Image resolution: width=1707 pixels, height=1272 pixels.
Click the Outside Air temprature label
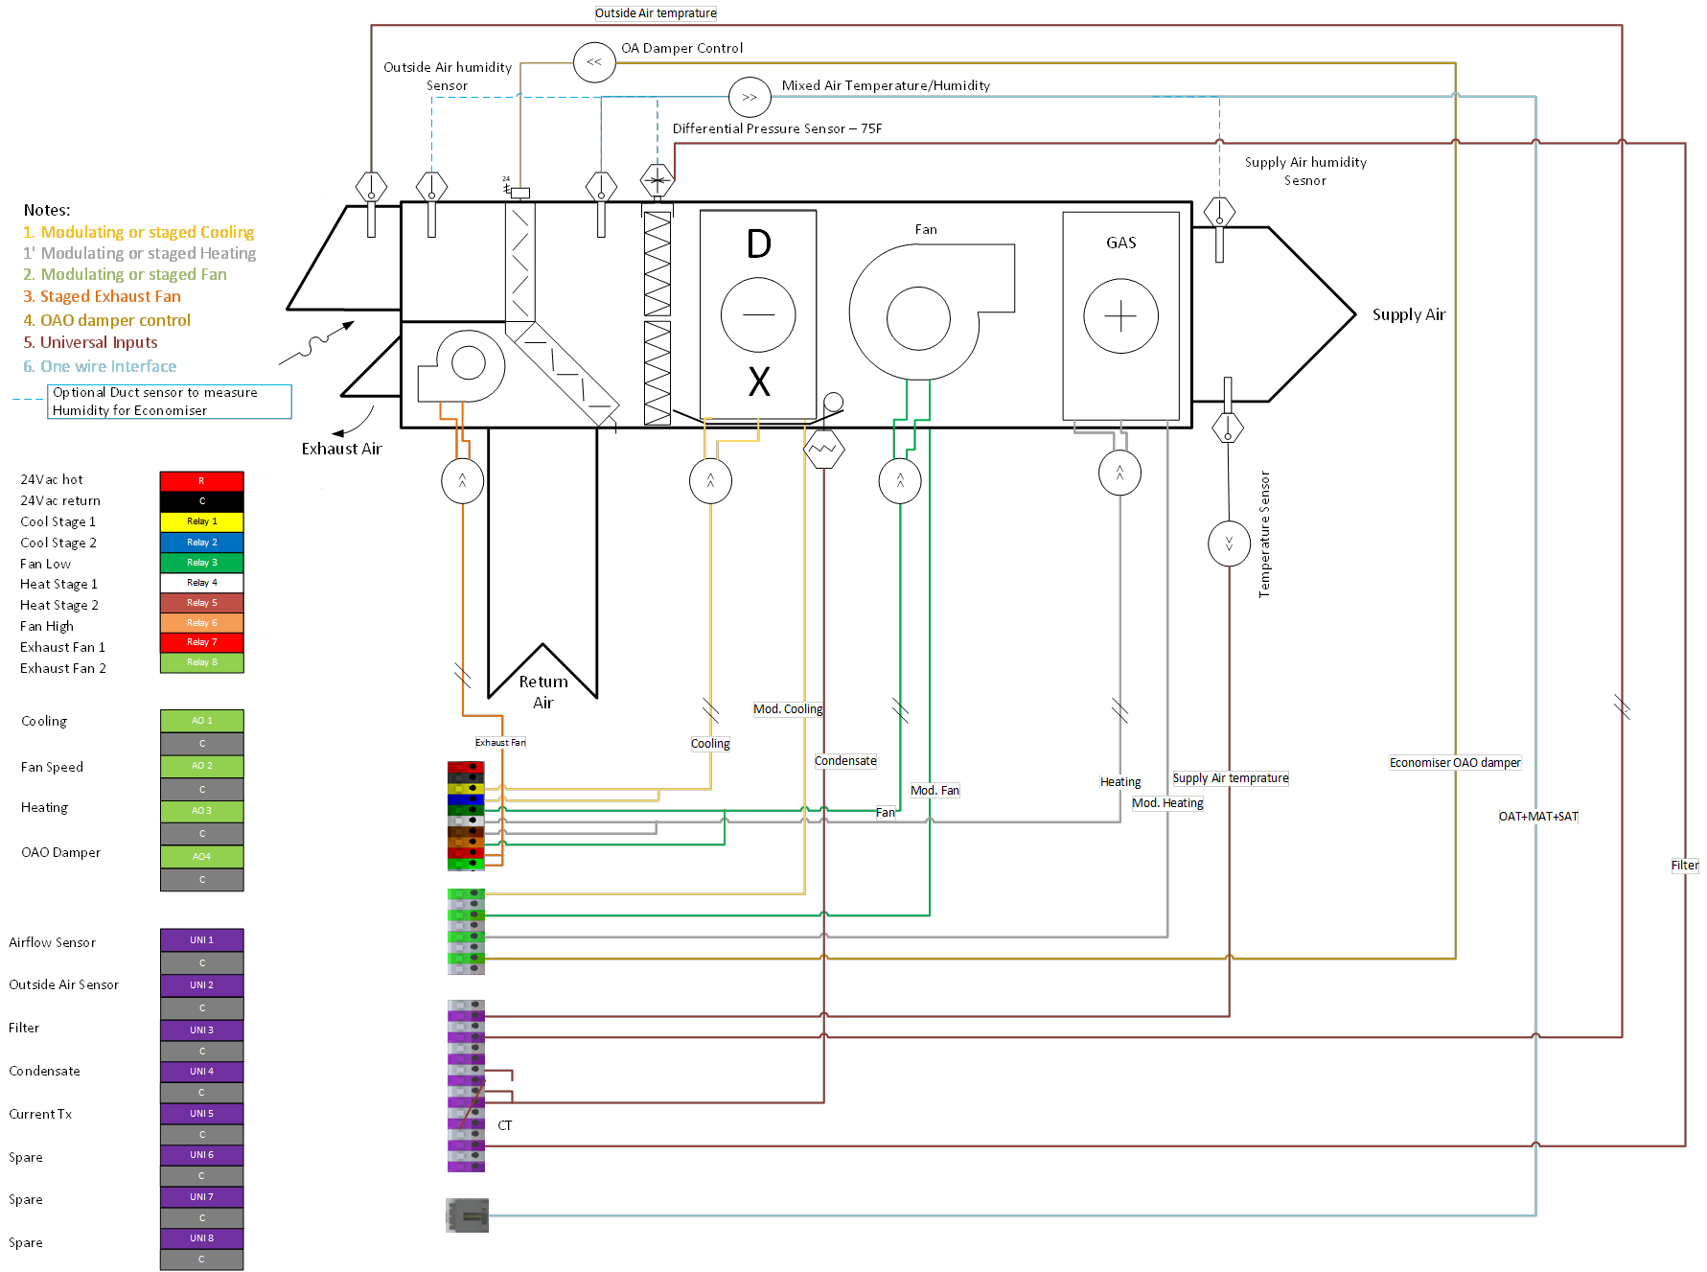click(656, 13)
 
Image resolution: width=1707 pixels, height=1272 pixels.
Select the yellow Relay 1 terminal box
click(201, 521)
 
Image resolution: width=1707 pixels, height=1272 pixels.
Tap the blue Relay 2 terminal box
click(201, 543)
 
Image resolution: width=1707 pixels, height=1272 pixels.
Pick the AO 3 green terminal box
click(201, 811)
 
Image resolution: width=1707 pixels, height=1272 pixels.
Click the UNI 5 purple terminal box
click(201, 1114)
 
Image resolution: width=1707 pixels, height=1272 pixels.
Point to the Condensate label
click(845, 761)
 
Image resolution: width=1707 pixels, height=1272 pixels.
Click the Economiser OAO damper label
click(1455, 763)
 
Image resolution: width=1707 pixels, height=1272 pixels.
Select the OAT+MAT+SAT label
click(1538, 817)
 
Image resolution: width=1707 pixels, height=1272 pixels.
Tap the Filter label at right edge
click(1685, 866)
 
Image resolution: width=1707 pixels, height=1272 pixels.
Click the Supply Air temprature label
click(1231, 778)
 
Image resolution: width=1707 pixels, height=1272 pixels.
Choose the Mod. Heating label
click(1167, 803)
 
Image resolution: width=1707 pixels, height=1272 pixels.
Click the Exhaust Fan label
click(500, 743)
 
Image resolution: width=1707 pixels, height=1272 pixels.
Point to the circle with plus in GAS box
click(1120, 315)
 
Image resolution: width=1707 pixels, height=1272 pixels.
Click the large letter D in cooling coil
click(758, 244)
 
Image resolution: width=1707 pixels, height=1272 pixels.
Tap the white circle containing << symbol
click(594, 62)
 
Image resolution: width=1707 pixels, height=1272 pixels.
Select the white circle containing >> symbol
click(750, 97)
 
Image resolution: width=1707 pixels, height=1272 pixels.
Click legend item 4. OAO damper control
click(107, 320)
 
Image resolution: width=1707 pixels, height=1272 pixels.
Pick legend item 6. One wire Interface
click(100, 366)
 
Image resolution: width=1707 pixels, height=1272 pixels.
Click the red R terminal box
click(201, 481)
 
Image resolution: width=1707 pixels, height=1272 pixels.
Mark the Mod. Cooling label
click(788, 709)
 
